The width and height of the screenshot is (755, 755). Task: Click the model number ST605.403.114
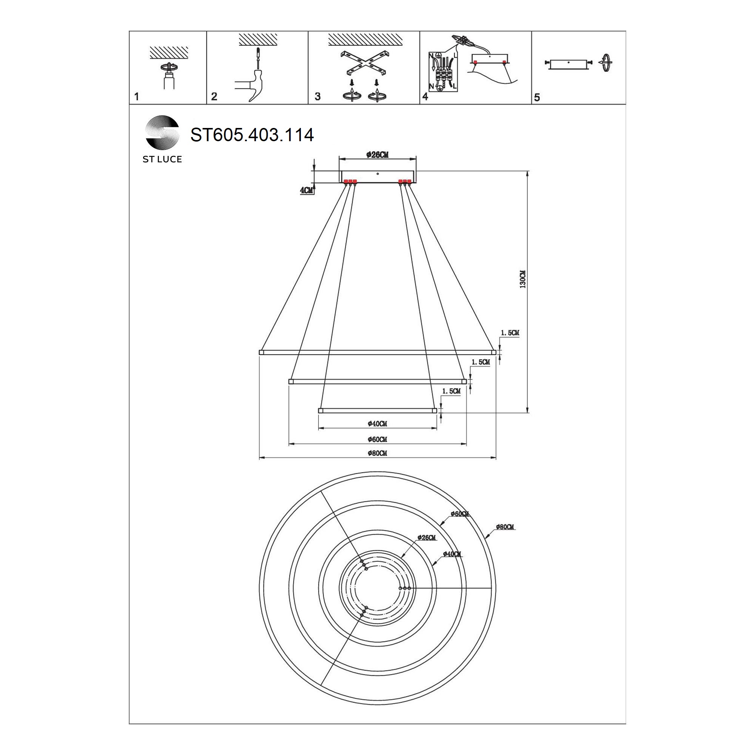click(x=252, y=135)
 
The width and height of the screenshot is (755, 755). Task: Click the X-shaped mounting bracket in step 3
click(x=364, y=63)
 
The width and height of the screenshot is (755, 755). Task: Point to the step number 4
click(x=425, y=96)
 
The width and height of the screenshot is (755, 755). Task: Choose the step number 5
click(x=537, y=97)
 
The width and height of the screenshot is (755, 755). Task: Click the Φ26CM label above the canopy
click(x=377, y=155)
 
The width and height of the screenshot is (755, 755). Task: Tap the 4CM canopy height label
click(x=307, y=190)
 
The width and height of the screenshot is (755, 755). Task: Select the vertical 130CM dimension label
click(x=523, y=279)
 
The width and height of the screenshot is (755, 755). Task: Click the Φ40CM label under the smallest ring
click(x=377, y=424)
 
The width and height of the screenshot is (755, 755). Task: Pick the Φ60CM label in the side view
click(x=377, y=439)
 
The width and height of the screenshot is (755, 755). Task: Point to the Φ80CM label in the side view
click(x=377, y=453)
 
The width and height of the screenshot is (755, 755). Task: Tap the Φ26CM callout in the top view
click(x=426, y=537)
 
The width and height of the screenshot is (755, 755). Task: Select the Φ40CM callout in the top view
click(x=452, y=554)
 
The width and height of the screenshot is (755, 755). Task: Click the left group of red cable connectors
click(x=350, y=181)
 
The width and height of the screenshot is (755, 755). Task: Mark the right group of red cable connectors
click(x=404, y=181)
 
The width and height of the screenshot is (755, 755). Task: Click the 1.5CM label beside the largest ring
click(x=510, y=333)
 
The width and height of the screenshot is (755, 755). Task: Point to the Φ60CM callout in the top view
click(x=459, y=513)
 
